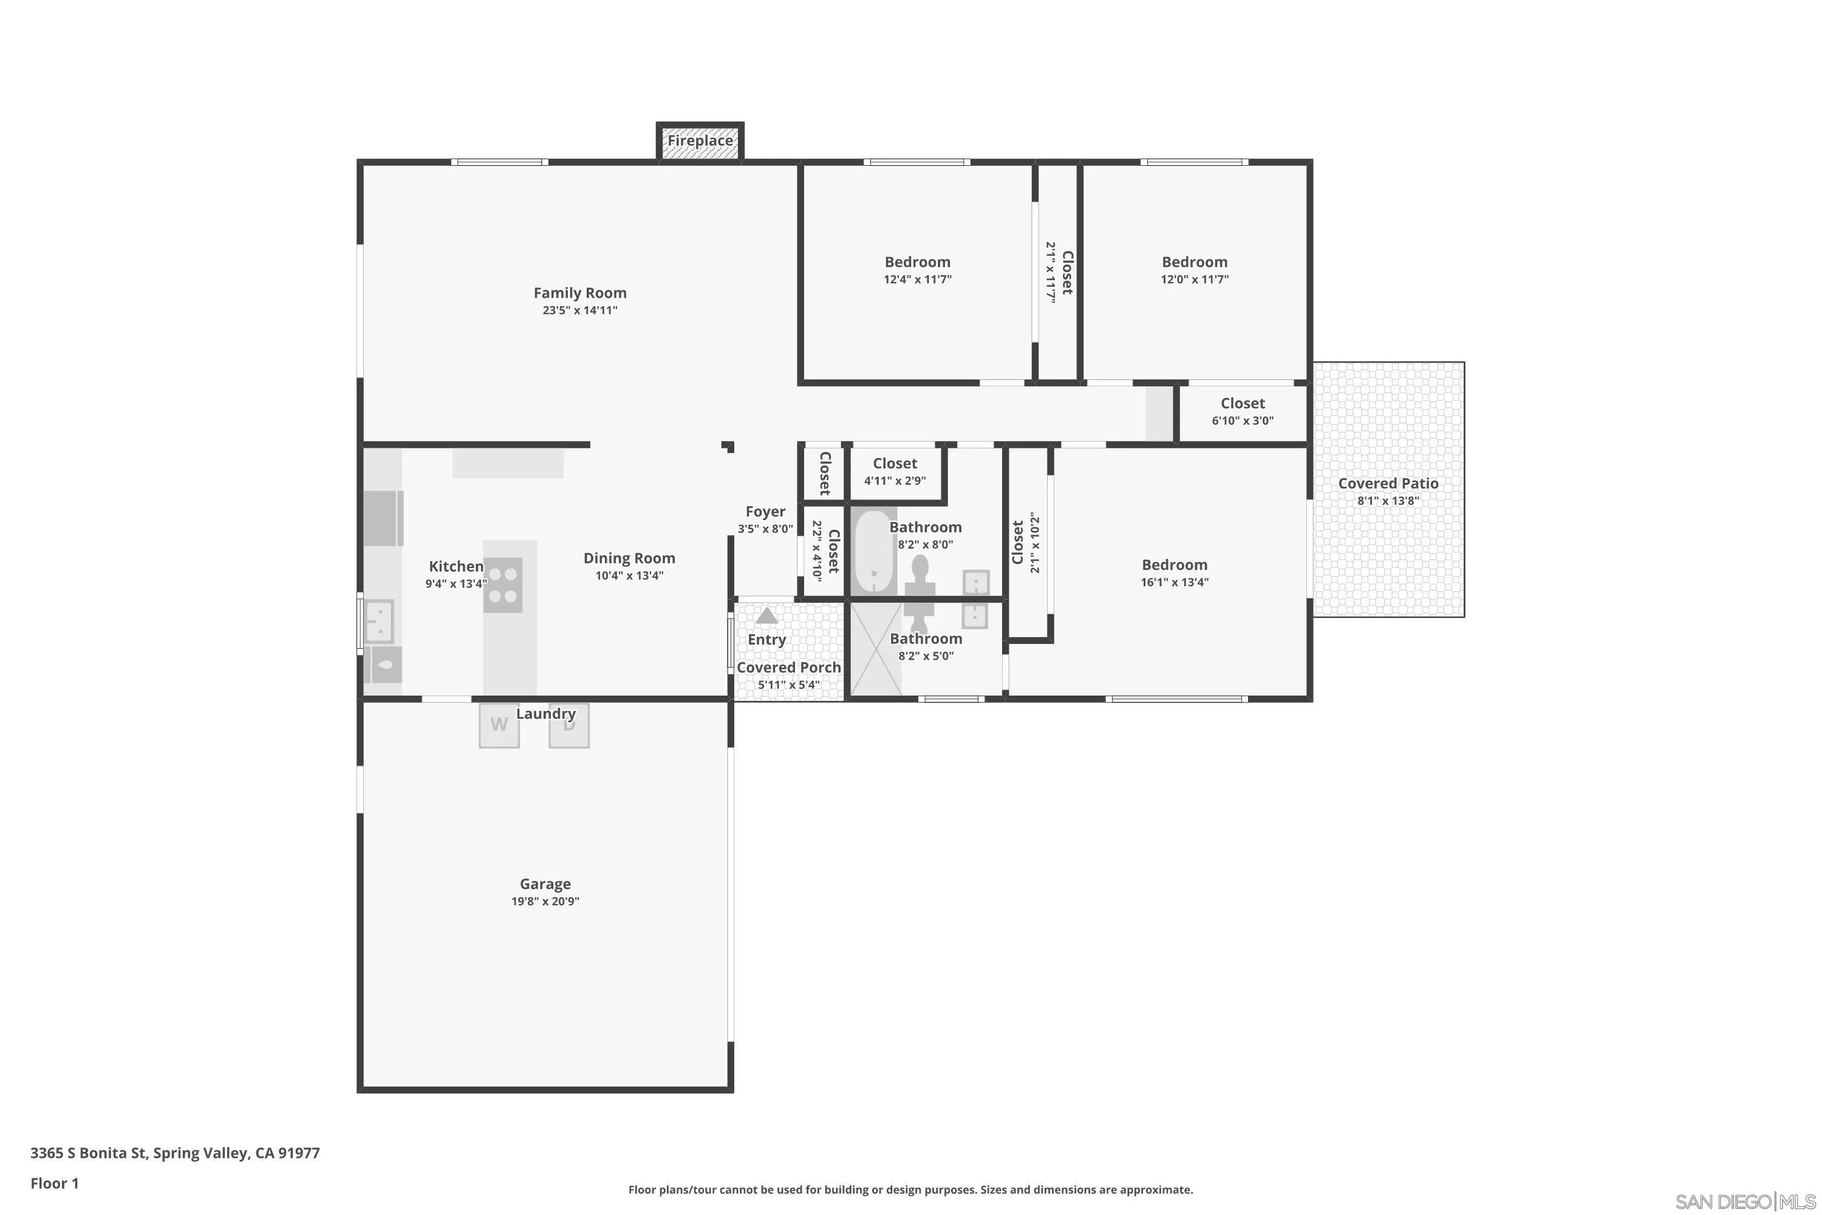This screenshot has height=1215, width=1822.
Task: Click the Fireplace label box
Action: point(700,141)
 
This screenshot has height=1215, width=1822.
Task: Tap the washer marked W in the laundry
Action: point(499,725)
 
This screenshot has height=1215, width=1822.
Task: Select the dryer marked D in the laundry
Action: point(570,726)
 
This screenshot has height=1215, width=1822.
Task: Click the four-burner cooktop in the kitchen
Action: point(503,585)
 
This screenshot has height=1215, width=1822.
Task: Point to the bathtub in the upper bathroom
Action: point(874,552)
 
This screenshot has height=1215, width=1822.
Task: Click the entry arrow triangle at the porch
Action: point(766,616)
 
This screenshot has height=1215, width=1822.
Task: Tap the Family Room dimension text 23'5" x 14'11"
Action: point(579,310)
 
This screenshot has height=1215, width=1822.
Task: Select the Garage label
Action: point(545,883)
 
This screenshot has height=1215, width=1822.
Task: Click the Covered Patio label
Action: point(1387,484)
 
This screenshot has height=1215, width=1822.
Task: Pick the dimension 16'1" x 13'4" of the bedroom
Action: point(1175,582)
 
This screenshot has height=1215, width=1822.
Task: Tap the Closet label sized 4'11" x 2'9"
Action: point(895,464)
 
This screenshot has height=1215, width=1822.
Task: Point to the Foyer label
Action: point(765,512)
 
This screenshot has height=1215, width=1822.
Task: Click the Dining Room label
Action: point(629,558)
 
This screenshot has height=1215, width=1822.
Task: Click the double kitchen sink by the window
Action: point(380,622)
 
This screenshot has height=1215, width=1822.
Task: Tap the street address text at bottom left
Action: point(175,1152)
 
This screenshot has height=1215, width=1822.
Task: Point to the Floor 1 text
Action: point(54,1183)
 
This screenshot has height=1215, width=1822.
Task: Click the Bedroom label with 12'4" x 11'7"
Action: point(917,262)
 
